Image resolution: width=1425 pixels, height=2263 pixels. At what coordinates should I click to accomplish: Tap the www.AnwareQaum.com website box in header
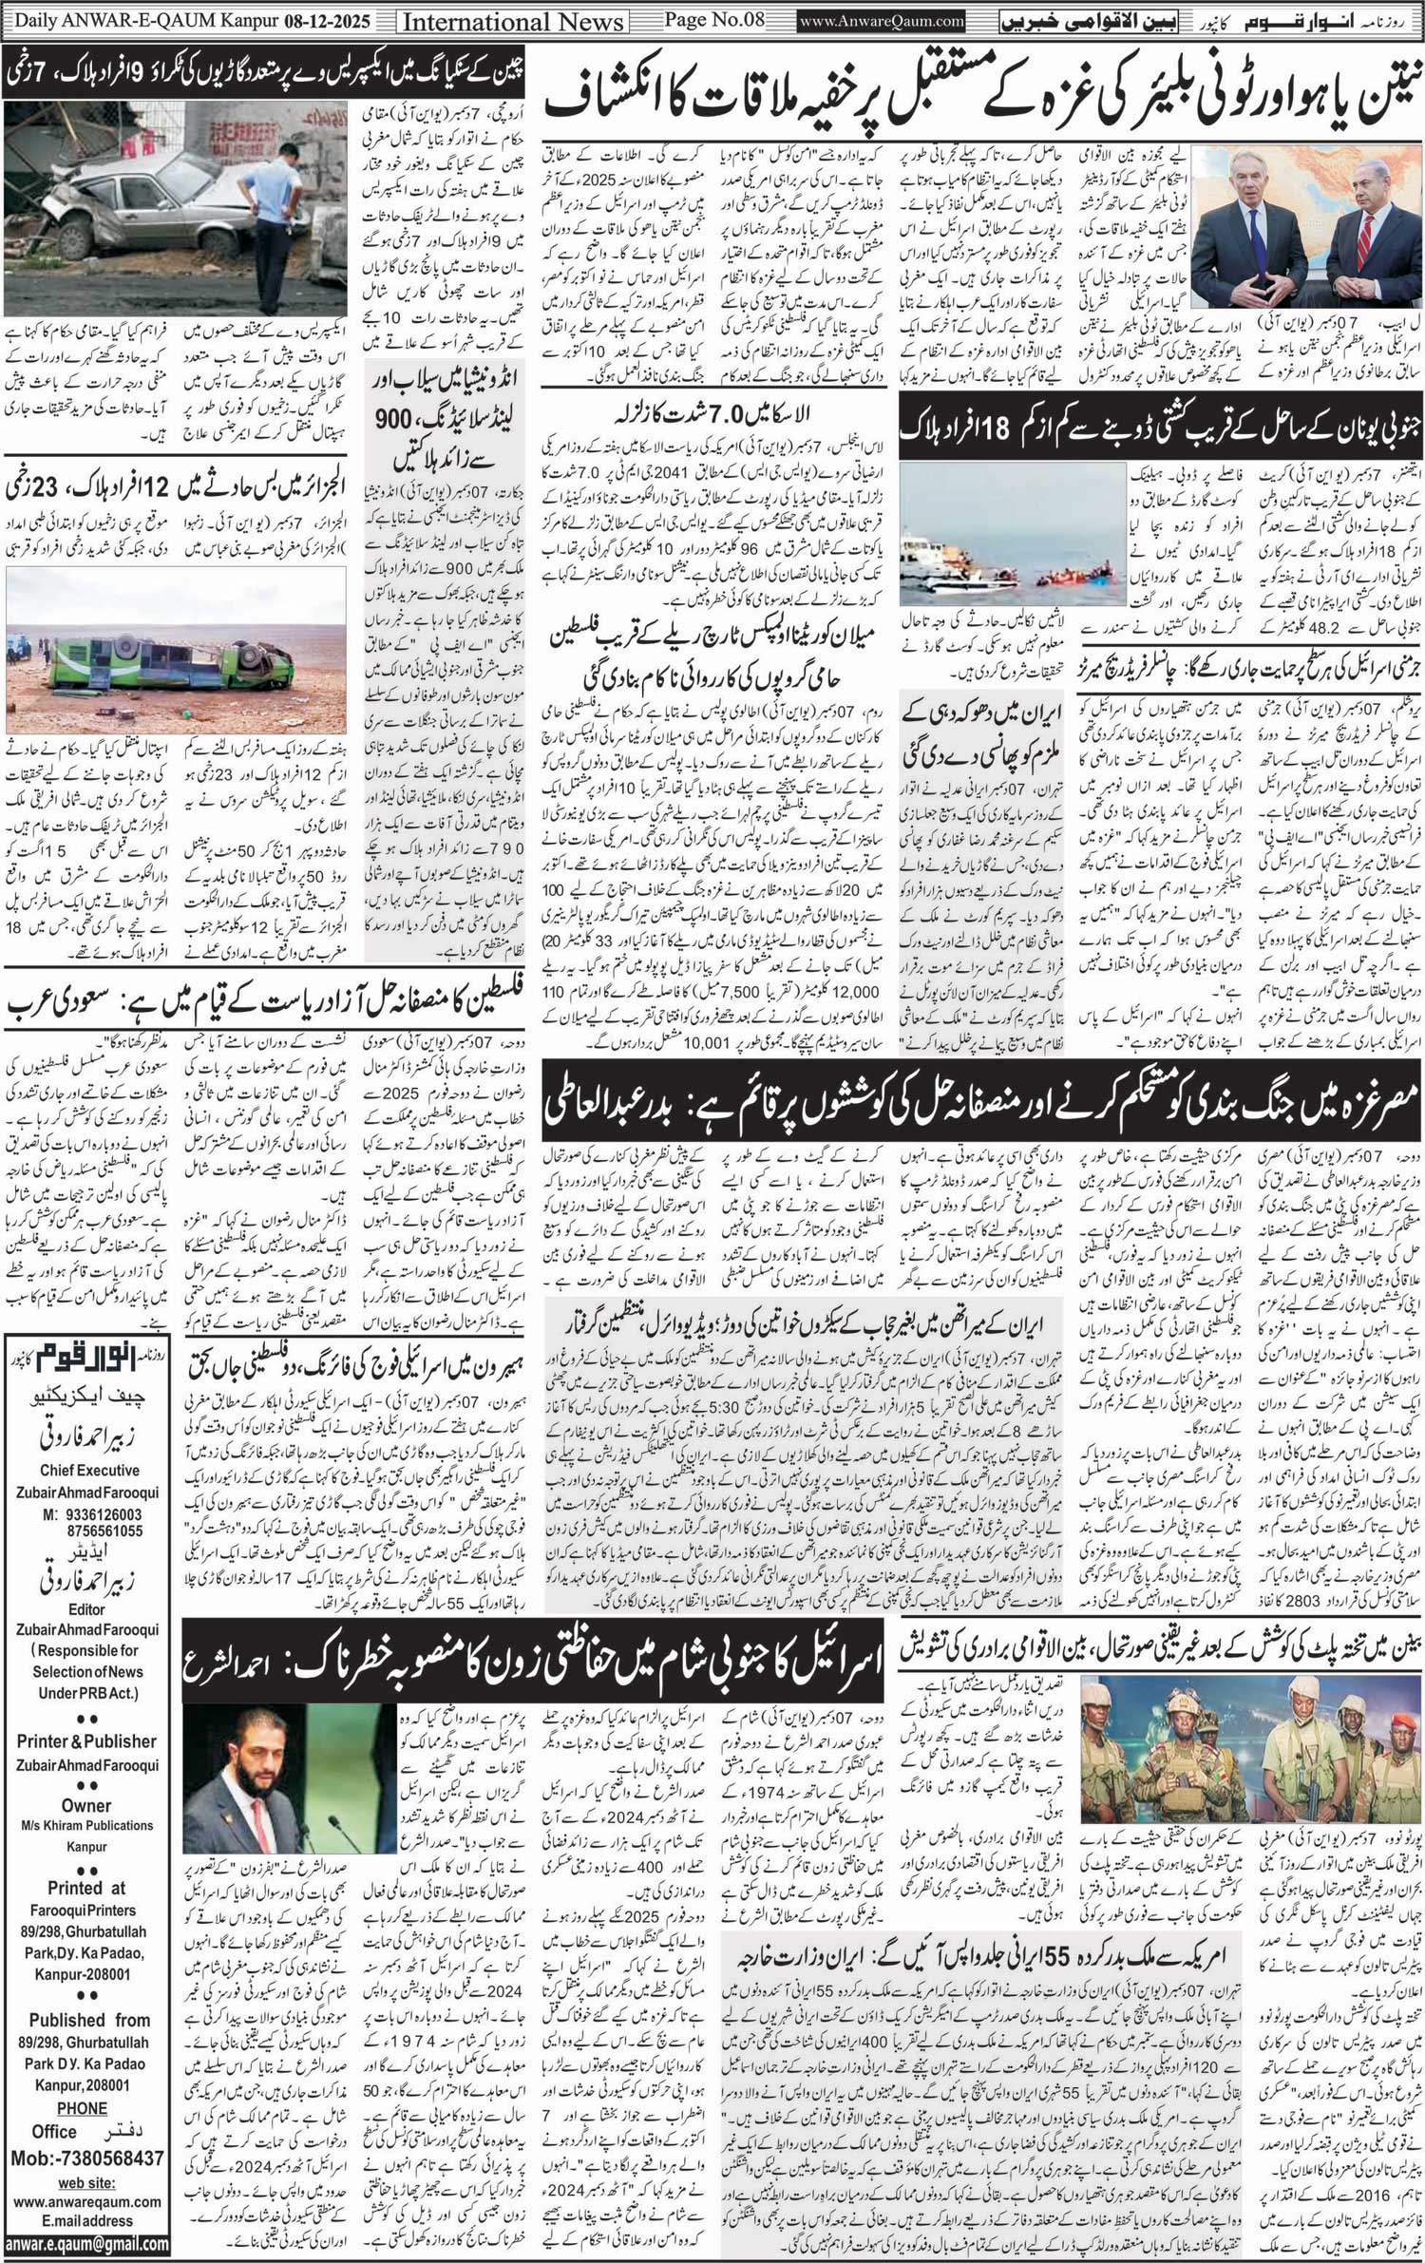pos(882,20)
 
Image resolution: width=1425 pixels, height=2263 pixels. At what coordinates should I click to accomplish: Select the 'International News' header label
pos(513,21)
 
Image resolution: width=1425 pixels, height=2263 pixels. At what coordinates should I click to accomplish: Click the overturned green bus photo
pos(176,650)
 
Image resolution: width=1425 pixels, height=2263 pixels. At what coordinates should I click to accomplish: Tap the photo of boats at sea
pos(1011,534)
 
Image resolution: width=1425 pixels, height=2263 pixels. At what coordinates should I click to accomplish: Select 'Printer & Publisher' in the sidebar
pos(86,1741)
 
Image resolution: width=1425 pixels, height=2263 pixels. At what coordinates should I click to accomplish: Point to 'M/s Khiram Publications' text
pos(86,1825)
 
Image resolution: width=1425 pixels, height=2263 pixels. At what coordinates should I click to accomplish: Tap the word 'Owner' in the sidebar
pos(86,1805)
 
